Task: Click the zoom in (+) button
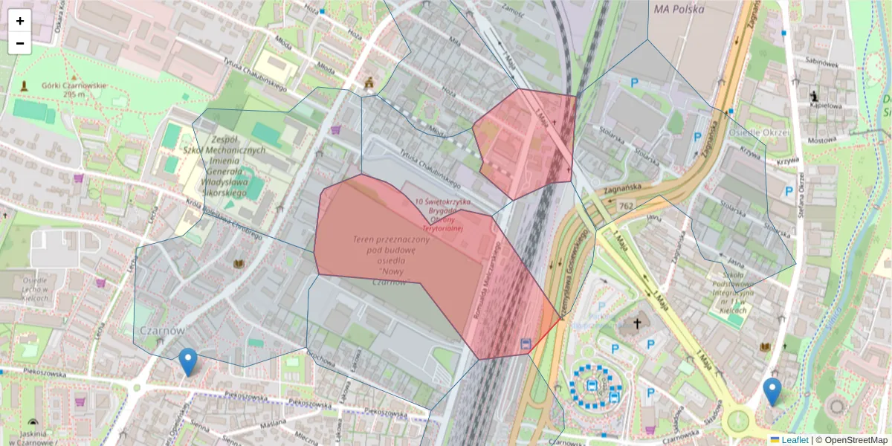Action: point(20,21)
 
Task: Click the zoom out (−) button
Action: point(20,43)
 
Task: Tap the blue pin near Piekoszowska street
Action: point(189,361)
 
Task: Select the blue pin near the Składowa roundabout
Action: point(772,391)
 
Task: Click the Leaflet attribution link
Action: point(794,440)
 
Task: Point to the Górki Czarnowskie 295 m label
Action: point(74,89)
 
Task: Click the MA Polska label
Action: point(679,10)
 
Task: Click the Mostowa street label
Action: point(821,140)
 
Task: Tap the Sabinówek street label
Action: point(821,64)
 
